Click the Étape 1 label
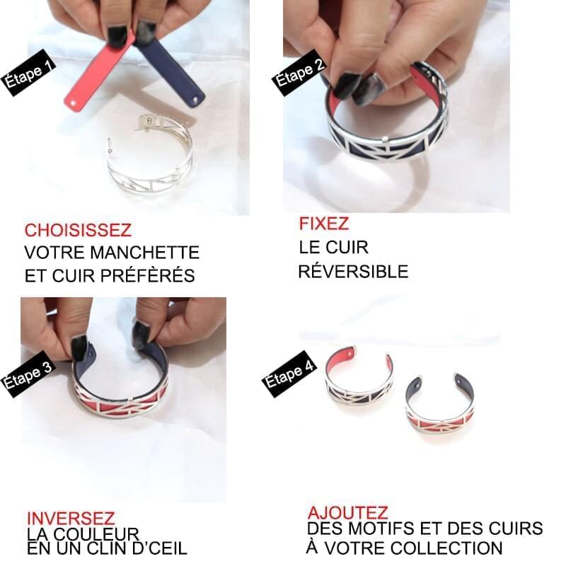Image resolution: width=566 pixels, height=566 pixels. tap(29, 73)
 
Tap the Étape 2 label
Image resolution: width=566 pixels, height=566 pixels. tap(299, 73)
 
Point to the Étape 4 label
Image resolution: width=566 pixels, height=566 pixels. tap(289, 374)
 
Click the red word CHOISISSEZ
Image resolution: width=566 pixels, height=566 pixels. tap(78, 231)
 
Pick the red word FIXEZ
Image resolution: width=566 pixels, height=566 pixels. tap(324, 224)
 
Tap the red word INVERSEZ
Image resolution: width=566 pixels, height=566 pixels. tap(71, 519)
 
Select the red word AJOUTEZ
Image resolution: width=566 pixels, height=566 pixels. tap(347, 512)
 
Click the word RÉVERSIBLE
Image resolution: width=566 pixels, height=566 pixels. tap(353, 272)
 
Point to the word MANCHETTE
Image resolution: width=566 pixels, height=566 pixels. tap(145, 253)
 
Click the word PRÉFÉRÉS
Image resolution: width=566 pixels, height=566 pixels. tap(148, 275)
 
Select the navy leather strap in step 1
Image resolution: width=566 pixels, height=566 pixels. tap(171, 71)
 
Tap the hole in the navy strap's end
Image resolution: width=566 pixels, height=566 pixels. tap(195, 99)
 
